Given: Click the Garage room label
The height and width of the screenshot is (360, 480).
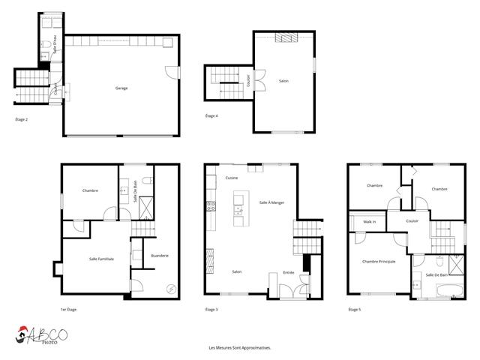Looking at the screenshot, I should coord(121,88).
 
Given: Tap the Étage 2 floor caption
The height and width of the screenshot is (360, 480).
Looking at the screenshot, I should coord(22,119).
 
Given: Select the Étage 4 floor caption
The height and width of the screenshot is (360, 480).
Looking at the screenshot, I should coord(211,116).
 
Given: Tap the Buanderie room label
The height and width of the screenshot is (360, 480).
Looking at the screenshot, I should coord(160,256).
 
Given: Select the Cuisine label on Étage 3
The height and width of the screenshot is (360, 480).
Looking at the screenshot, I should coord(231,178).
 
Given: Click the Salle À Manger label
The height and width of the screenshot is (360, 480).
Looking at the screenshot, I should coord(271,202).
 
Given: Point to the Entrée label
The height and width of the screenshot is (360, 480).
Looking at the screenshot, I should coord(288,272).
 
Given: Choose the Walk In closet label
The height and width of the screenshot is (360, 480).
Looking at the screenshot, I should coord(370,222).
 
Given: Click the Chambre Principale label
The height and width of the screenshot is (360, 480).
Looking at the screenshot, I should coord(378,261).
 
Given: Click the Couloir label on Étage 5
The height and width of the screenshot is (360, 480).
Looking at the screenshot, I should coord(412,221).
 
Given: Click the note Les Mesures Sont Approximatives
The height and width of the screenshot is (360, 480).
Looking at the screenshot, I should coord(239,348).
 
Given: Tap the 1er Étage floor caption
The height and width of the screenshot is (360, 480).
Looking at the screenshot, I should coord(69,310).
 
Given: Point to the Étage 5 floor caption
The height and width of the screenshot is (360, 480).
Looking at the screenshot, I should coord(355,310).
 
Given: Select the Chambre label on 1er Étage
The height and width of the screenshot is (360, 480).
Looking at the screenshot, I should coord(90,191).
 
